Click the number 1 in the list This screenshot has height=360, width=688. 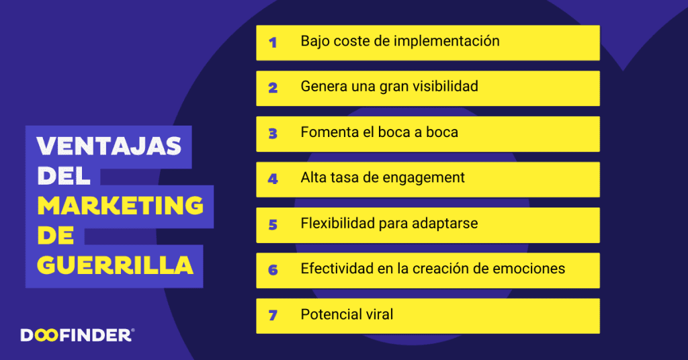[273, 42]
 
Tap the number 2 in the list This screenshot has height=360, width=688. [273, 88]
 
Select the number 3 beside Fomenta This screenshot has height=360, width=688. [273, 134]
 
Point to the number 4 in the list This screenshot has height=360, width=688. [273, 179]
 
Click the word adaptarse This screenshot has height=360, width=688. [447, 224]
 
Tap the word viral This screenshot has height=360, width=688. [378, 314]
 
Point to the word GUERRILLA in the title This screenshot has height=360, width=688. [115, 265]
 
